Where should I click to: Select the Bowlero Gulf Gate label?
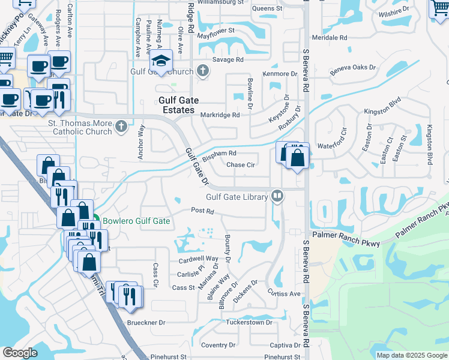point(136,221)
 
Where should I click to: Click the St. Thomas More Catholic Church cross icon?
point(121,127)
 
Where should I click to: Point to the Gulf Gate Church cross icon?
point(203,71)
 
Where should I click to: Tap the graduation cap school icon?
point(161,61)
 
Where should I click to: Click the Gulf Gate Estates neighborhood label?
point(176,106)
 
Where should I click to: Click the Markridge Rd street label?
point(220,115)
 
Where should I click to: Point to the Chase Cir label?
point(241,165)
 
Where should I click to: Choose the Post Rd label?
point(202,211)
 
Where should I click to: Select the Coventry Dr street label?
point(218,345)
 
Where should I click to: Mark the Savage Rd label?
point(231,60)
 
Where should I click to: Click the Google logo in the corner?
point(20,353)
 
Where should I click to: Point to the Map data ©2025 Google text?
point(411,355)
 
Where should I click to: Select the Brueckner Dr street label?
point(146,322)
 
